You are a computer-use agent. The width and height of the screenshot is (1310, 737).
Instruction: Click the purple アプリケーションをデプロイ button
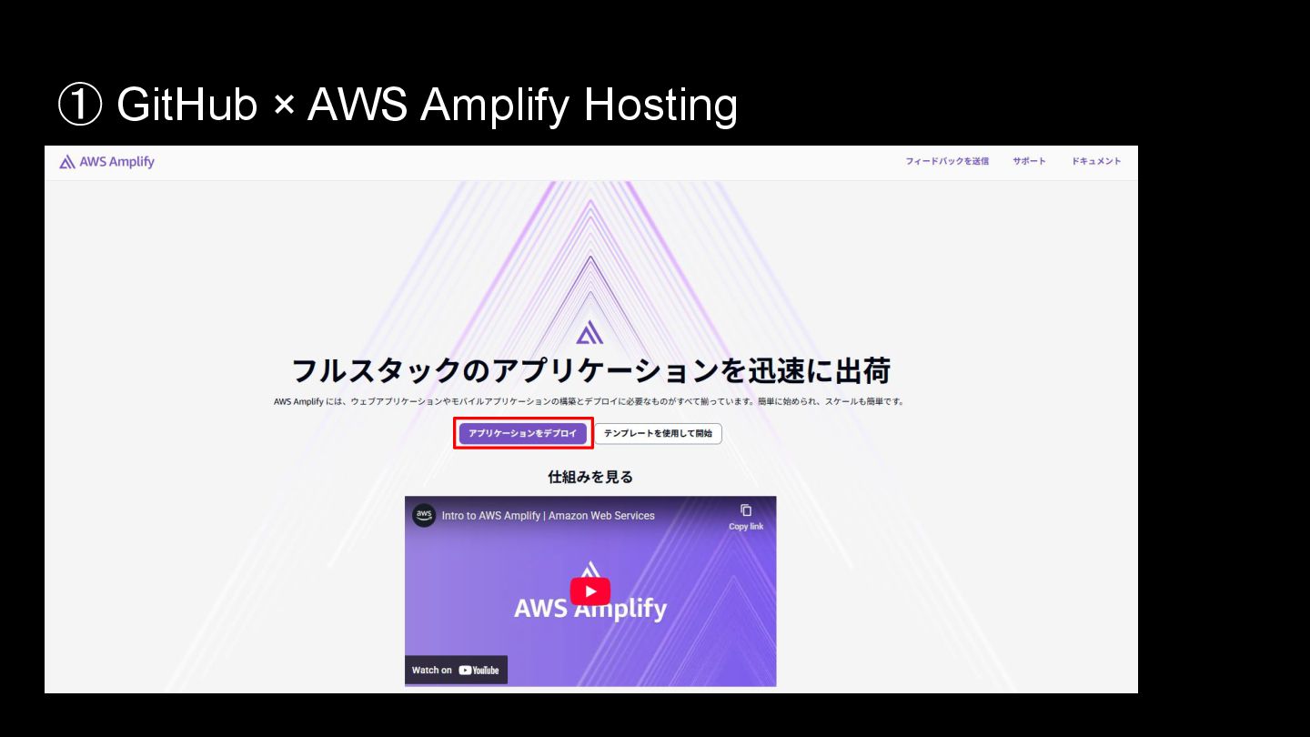(x=522, y=433)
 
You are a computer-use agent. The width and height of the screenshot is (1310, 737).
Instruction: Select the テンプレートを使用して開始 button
(x=658, y=433)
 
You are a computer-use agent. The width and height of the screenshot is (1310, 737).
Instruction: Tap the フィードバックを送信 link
(x=946, y=161)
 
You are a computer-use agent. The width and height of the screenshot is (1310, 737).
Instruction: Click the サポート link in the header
(x=1029, y=161)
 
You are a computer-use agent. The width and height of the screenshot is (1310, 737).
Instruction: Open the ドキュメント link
(x=1095, y=161)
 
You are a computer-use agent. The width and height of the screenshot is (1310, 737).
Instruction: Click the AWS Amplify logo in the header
(x=106, y=162)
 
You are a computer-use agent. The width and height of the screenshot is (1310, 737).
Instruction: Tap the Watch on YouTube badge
(x=456, y=670)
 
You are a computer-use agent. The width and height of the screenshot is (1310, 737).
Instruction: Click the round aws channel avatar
(x=424, y=515)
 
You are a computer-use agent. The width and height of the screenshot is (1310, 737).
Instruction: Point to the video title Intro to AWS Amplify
(x=548, y=516)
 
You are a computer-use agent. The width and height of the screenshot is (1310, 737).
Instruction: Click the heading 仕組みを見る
(x=590, y=477)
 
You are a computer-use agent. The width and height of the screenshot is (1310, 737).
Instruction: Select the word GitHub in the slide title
(x=187, y=105)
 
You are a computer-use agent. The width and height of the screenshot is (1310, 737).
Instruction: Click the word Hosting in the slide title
(x=660, y=105)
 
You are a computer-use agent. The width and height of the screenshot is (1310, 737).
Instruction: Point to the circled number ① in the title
(x=79, y=105)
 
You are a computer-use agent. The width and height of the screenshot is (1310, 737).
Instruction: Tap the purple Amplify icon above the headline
(x=589, y=333)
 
